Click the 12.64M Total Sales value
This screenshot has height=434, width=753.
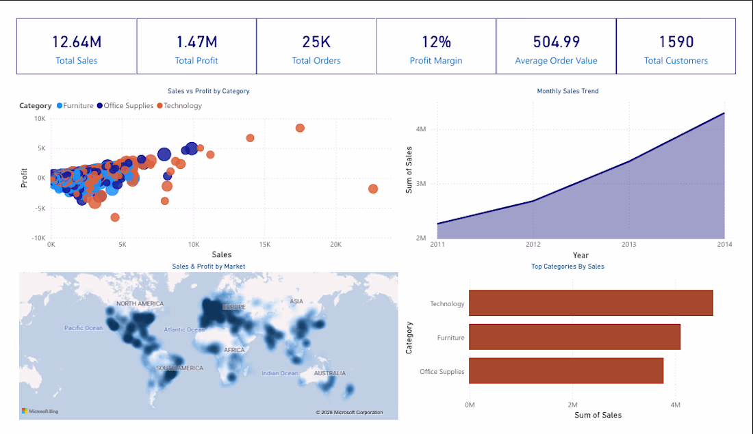[x=77, y=42]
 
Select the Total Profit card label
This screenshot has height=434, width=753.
[x=196, y=61]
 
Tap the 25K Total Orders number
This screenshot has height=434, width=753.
[x=316, y=42]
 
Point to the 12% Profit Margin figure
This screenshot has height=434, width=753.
[x=436, y=42]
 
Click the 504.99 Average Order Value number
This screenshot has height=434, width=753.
[x=556, y=42]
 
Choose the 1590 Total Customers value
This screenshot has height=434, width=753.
[x=676, y=42]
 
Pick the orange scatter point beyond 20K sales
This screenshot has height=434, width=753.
[x=373, y=189]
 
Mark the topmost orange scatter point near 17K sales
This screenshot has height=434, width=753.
[x=300, y=128]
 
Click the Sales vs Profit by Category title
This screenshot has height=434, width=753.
[x=209, y=91]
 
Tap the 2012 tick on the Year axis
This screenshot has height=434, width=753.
[x=533, y=245]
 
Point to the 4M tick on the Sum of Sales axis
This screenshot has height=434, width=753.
[x=421, y=129]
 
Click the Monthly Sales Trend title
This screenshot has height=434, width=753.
[x=567, y=91]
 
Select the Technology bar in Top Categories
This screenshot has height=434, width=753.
[x=591, y=303]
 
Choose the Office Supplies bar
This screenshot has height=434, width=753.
[x=566, y=370]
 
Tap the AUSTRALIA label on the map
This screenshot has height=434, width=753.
[x=330, y=373]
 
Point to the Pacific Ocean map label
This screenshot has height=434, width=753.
[x=84, y=328]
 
